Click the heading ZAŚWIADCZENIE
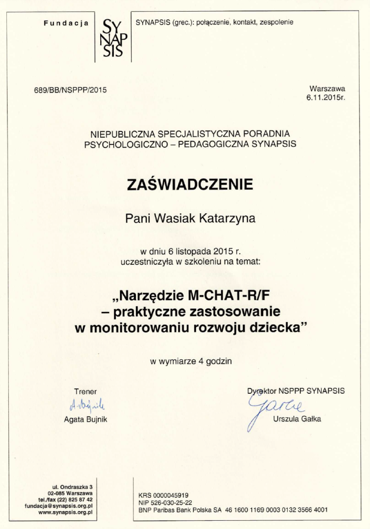189,185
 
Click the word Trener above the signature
85,391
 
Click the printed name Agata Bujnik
86,419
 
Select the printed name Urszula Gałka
297,419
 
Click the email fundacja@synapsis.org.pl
59,506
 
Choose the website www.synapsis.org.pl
66,512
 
